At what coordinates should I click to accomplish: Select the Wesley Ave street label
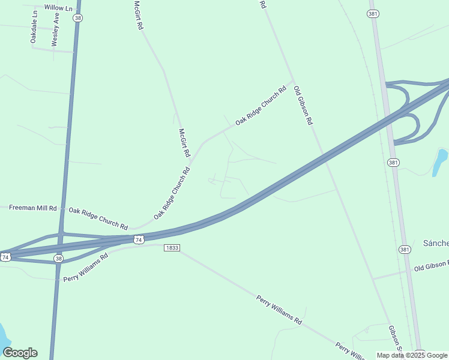pos(55,30)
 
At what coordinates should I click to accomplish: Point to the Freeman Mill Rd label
pos(33,208)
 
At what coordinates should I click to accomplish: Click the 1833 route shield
pos(172,248)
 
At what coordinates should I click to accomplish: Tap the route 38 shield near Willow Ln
pos(77,19)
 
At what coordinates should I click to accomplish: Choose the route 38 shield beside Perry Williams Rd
pos(58,259)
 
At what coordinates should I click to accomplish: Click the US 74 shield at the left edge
pos(5,257)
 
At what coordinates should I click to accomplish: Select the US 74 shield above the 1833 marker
pos(139,239)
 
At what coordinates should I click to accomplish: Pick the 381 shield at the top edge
pos(374,13)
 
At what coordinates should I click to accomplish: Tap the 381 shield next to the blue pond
pos(393,162)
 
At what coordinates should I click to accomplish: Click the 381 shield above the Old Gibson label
pos(405,249)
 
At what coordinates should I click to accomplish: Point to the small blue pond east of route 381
pos(440,162)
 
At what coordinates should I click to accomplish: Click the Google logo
pos(20,353)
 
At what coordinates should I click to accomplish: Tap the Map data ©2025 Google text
pos(412,355)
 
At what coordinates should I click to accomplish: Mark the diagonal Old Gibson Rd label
pos(303,106)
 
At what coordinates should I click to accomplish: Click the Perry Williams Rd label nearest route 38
pos(85,267)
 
